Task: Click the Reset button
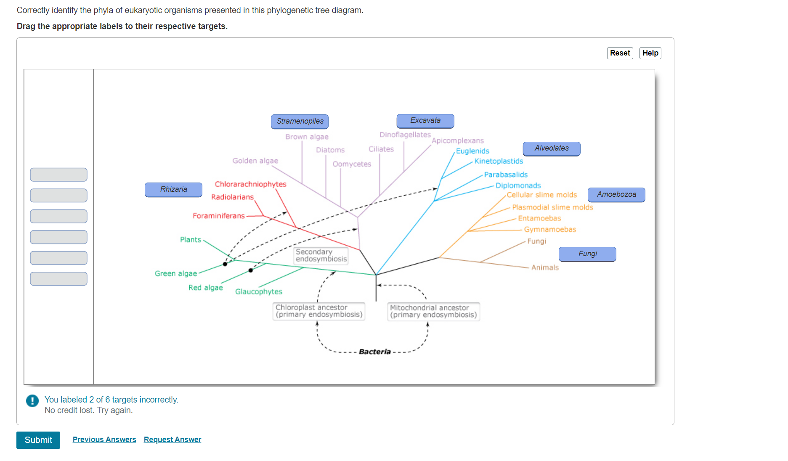[x=620, y=53]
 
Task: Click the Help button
[x=650, y=53]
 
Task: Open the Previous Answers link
[x=104, y=440]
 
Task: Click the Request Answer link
[x=172, y=440]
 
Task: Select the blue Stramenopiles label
[x=300, y=121]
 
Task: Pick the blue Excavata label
[x=425, y=121]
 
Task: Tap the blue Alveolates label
[x=551, y=148]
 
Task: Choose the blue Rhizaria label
[x=173, y=189]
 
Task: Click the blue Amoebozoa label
[x=616, y=194]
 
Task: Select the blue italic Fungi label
[x=587, y=254]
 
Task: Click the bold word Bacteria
[x=374, y=352]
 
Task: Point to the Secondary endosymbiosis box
[x=321, y=255]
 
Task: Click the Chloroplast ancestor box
[x=318, y=311]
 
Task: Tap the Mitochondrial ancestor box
[x=433, y=311]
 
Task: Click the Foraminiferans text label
[x=218, y=216]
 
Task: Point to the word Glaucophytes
[x=258, y=291]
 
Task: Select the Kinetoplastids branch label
[x=499, y=161]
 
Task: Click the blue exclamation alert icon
[x=32, y=400]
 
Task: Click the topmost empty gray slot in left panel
[x=58, y=175]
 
